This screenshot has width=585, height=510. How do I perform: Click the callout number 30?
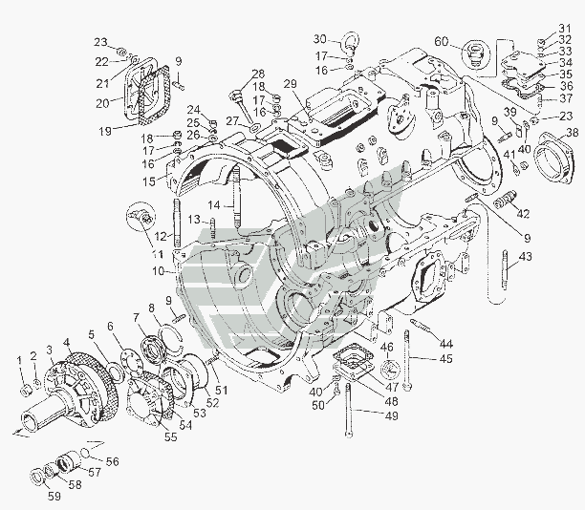tap(321, 39)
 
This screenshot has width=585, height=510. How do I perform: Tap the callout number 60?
tap(441, 41)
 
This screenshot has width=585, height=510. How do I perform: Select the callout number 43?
tap(526, 258)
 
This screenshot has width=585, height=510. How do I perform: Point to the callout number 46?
tap(387, 349)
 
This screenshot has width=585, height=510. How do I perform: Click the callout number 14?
tap(216, 205)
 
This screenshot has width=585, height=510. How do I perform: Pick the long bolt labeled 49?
tap(352, 406)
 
